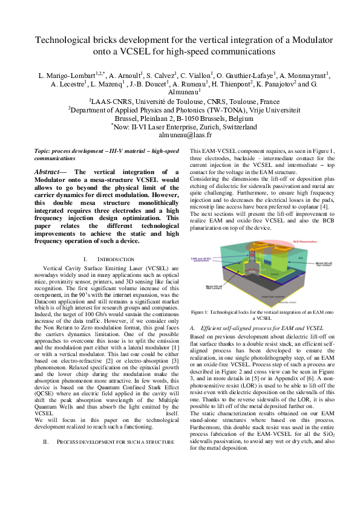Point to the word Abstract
click(x=50, y=172)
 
